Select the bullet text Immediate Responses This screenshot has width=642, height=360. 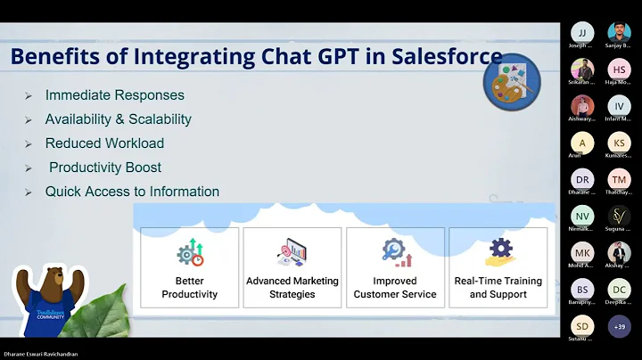point(115,95)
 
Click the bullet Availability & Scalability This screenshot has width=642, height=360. point(119,119)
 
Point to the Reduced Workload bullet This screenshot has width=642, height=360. point(104,143)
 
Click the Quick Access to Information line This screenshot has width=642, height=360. point(132,192)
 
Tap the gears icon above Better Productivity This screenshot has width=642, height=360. point(189,252)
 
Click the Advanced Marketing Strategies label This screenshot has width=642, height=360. point(292,287)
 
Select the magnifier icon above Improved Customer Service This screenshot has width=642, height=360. point(395,252)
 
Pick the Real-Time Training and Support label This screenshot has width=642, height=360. point(498,287)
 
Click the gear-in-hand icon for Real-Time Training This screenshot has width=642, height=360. point(498,251)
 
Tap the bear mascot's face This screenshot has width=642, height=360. point(49,284)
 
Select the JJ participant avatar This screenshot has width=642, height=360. point(581,33)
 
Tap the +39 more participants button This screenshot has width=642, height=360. point(619,326)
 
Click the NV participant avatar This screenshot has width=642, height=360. point(581,216)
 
